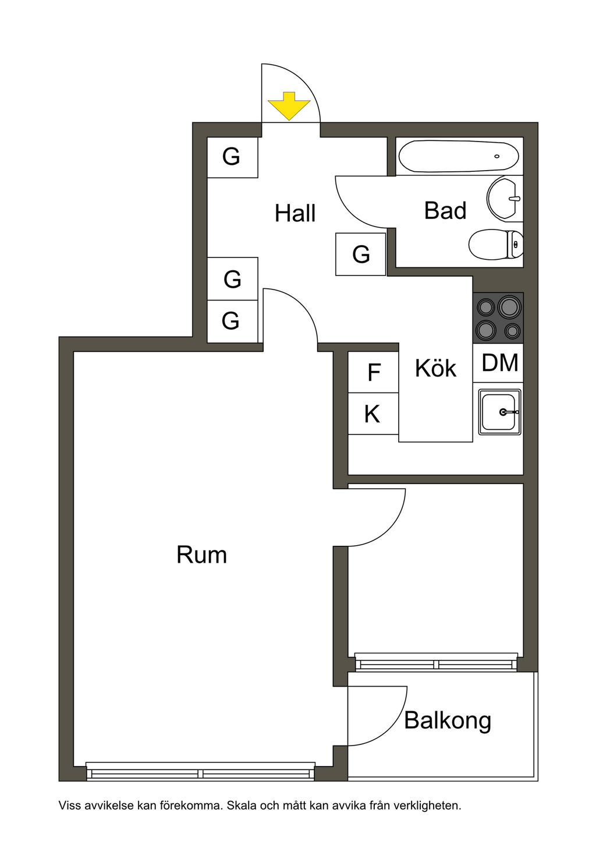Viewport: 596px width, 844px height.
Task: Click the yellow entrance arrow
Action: tap(289, 106)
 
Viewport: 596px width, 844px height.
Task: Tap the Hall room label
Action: tap(295, 213)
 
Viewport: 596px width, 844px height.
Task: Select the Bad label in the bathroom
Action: tap(445, 210)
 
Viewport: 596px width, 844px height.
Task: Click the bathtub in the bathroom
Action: tap(459, 156)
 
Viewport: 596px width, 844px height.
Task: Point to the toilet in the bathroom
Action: tap(496, 245)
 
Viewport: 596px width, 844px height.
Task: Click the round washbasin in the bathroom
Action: tap(504, 199)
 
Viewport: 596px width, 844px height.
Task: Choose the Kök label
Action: tap(435, 368)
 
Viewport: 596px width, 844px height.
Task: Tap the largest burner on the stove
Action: tap(509, 306)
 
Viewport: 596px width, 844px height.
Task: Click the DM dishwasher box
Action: tap(499, 363)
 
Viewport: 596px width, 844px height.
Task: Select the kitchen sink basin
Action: tap(499, 412)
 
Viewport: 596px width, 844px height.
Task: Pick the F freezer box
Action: tap(374, 372)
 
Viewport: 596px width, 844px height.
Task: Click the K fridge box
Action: tap(372, 414)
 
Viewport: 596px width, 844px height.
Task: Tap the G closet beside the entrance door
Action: tap(232, 157)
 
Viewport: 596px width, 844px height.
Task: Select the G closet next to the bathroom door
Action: tap(361, 255)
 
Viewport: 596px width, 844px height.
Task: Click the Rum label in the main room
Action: tap(201, 555)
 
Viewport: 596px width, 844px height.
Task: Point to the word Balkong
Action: tap(448, 721)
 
